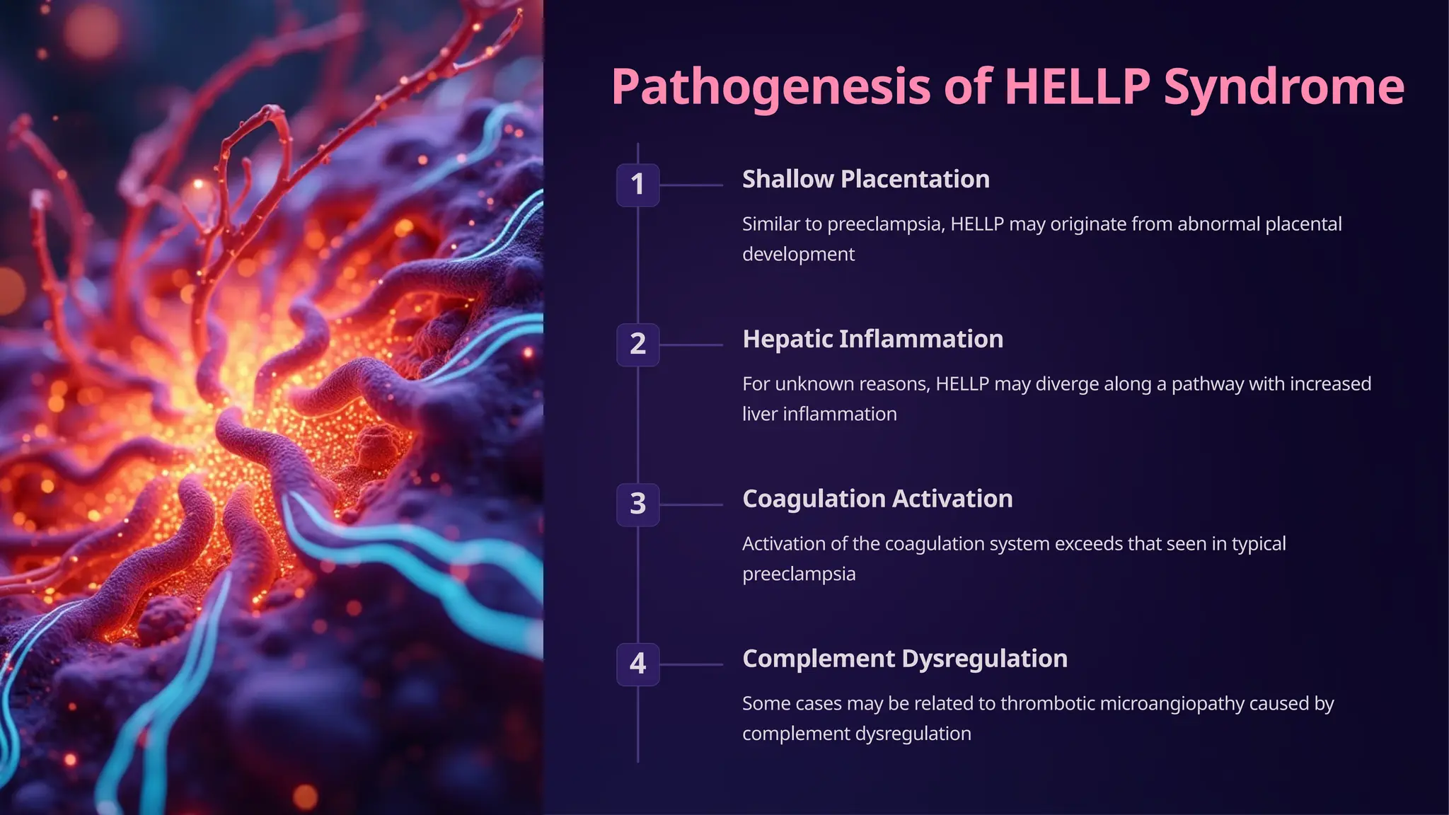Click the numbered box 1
637,185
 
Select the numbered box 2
637,345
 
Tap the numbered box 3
637,504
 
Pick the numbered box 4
637,664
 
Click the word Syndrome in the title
1283,88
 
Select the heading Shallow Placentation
865,179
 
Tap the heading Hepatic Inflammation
872,339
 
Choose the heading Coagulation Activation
877,499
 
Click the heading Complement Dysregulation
904,659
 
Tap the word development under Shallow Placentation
798,255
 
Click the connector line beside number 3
691,504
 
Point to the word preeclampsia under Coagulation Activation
799,574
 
